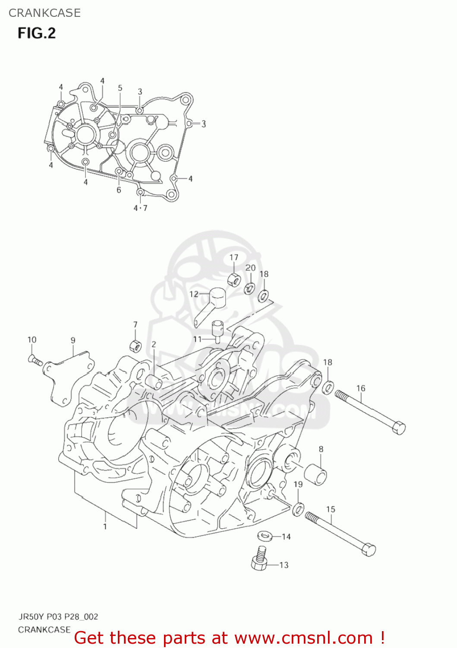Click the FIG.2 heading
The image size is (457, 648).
[x=37, y=33]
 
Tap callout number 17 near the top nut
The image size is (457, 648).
[x=234, y=257]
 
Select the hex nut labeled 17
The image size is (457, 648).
[x=234, y=280]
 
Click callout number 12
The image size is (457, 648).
[x=194, y=294]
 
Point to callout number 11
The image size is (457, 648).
[x=197, y=339]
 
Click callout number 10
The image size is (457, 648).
[x=32, y=340]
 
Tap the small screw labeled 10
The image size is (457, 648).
[x=35, y=360]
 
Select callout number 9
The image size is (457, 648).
[x=73, y=340]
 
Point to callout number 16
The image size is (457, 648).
[x=361, y=388]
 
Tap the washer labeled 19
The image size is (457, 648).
[x=298, y=509]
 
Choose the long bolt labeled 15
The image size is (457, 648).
[x=340, y=534]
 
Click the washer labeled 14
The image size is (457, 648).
[x=264, y=536]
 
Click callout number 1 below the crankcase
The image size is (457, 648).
[x=105, y=527]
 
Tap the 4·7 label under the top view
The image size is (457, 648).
[x=140, y=208]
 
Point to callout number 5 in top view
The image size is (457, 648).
[x=120, y=88]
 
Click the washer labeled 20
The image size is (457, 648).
[x=249, y=288]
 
